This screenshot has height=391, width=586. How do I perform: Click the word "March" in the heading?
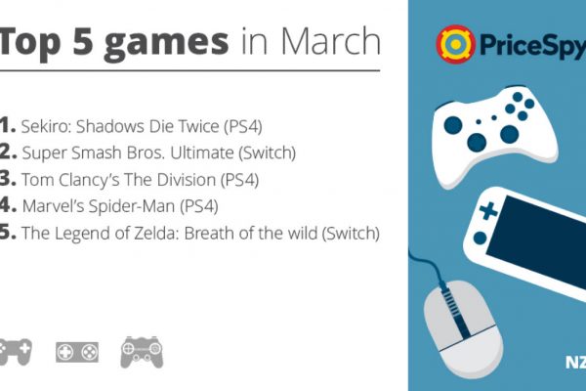click(330, 41)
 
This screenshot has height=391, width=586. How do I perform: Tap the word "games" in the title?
click(166, 43)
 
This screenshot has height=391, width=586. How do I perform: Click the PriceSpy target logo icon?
click(455, 44)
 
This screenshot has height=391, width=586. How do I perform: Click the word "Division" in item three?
click(187, 180)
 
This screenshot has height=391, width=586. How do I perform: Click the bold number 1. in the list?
click(8, 125)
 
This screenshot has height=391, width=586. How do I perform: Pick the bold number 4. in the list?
click(8, 205)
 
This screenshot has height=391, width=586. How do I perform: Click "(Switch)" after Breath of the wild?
click(351, 233)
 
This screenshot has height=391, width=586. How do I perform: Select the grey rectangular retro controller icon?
click(77, 352)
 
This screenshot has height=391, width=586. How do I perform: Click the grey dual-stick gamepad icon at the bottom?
click(142, 352)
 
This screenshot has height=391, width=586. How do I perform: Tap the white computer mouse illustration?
click(463, 329)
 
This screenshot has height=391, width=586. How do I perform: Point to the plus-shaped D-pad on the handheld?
click(488, 211)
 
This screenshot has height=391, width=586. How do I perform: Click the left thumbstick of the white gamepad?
click(453, 125)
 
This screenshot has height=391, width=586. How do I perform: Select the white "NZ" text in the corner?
click(575, 363)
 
